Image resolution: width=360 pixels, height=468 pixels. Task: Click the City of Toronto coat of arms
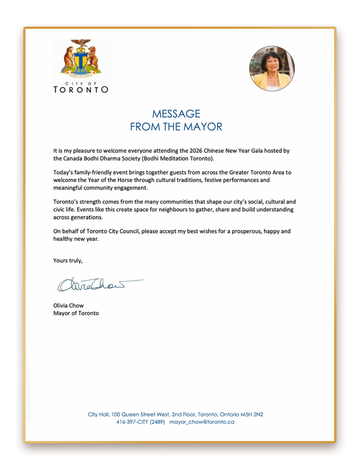[x=81, y=58]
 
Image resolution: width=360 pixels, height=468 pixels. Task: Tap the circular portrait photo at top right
[x=272, y=69]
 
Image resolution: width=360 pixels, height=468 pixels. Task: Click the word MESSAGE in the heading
[x=176, y=114]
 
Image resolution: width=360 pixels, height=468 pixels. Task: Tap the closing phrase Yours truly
[x=68, y=261]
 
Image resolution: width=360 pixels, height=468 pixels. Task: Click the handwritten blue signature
[x=99, y=284]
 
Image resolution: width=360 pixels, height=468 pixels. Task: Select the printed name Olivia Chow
[x=69, y=305]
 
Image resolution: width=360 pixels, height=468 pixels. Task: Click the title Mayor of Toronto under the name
[x=76, y=313]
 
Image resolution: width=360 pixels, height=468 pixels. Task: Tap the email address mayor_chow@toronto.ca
[x=202, y=422]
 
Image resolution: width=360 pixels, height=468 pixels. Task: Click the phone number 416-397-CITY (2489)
[x=140, y=422]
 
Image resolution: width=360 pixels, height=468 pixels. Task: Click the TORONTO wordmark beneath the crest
[x=81, y=90]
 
